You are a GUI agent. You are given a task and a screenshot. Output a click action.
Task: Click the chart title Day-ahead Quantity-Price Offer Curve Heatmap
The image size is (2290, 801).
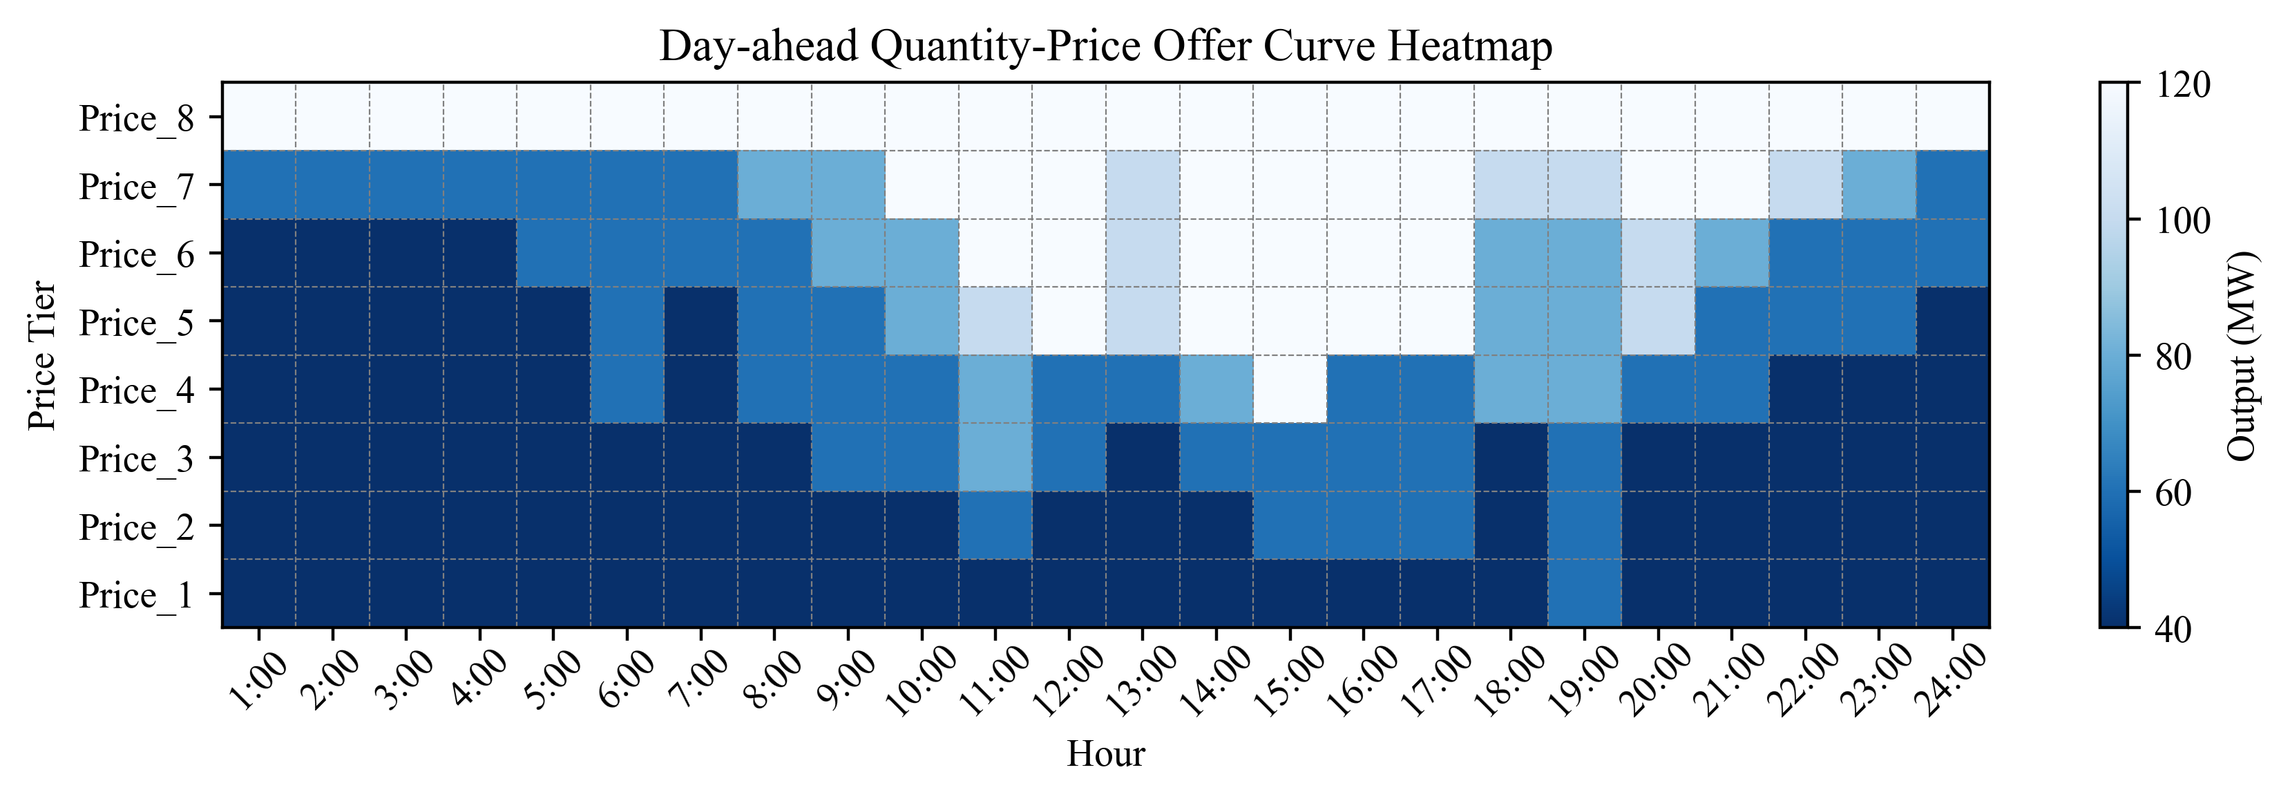click(1105, 46)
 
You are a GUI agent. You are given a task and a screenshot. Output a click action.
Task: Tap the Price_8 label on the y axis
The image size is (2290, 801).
click(136, 118)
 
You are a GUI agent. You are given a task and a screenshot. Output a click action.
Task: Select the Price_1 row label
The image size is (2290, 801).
click(136, 595)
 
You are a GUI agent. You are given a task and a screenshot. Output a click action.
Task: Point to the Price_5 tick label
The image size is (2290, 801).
click(136, 323)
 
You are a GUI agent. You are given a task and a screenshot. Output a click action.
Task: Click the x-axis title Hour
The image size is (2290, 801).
click(1105, 754)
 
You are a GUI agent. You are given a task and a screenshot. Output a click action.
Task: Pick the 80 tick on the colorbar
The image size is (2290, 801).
click(2175, 357)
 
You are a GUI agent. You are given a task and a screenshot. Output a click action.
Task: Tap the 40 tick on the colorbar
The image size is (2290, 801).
click(2175, 628)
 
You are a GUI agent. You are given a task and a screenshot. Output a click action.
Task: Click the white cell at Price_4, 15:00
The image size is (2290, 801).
click(1290, 388)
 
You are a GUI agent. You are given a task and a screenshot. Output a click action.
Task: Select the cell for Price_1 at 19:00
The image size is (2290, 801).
click(1584, 593)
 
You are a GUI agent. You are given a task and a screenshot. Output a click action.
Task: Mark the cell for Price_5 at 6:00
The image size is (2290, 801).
click(627, 321)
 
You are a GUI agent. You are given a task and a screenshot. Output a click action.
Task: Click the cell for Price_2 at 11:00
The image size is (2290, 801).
click(995, 525)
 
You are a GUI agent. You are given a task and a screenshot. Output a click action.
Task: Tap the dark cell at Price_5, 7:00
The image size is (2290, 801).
click(700, 321)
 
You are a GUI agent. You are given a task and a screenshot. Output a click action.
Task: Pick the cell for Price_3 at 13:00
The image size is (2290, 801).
click(1143, 457)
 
